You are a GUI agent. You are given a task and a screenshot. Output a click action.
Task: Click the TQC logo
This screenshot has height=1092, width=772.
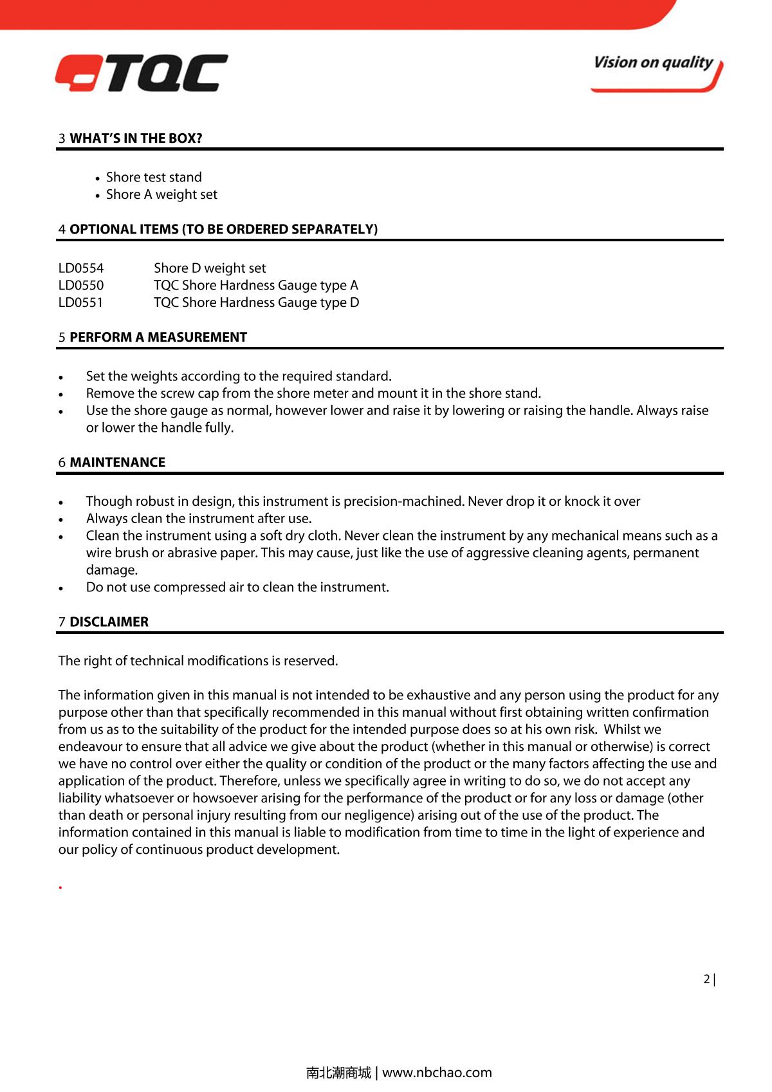142,73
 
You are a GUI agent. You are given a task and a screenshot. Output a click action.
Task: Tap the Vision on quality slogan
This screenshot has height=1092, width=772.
654,63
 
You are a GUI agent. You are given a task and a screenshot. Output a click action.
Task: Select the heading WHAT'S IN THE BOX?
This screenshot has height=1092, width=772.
136,138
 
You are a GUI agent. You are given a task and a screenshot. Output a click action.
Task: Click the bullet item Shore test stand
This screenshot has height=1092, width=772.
154,177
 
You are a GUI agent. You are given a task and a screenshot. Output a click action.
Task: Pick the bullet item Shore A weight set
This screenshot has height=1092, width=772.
161,194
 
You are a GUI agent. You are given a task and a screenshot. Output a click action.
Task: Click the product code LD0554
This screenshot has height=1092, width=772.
81,268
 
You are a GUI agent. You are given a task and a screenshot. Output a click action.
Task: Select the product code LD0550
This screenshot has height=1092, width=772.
81,285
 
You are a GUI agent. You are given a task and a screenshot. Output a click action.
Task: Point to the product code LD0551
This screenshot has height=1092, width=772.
81,302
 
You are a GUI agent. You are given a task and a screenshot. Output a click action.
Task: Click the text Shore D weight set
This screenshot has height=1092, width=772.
210,268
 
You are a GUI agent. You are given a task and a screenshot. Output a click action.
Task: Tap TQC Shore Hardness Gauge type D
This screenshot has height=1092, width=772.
256,302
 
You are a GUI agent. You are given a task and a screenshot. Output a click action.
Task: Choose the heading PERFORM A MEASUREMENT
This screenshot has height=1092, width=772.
158,337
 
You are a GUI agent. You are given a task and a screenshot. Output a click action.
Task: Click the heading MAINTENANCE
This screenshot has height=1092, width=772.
117,463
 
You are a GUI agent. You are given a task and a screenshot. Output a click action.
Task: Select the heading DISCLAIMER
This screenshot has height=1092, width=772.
109,622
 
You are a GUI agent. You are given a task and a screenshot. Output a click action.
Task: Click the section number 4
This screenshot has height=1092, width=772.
62,230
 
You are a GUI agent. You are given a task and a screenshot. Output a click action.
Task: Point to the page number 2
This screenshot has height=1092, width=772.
706,979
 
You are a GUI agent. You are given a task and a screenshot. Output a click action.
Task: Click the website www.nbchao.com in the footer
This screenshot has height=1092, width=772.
437,1073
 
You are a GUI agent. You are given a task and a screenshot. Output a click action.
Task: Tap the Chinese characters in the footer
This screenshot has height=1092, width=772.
338,1073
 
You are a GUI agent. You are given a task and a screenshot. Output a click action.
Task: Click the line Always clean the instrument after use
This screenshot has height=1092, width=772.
199,519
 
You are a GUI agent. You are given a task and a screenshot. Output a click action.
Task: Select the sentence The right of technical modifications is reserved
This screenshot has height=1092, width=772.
198,661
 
